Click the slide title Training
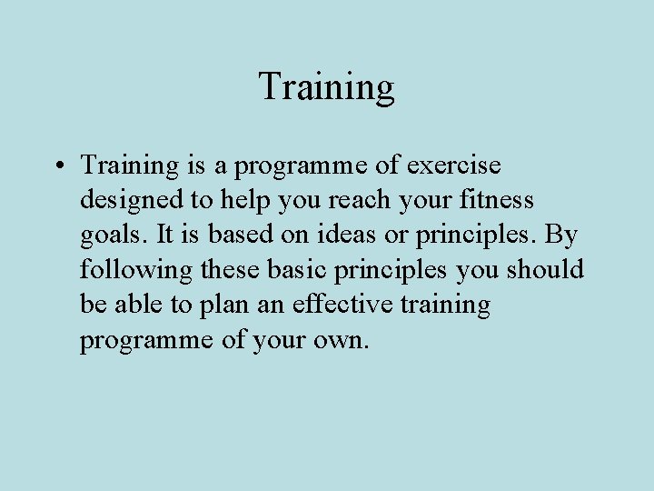point(326,87)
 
